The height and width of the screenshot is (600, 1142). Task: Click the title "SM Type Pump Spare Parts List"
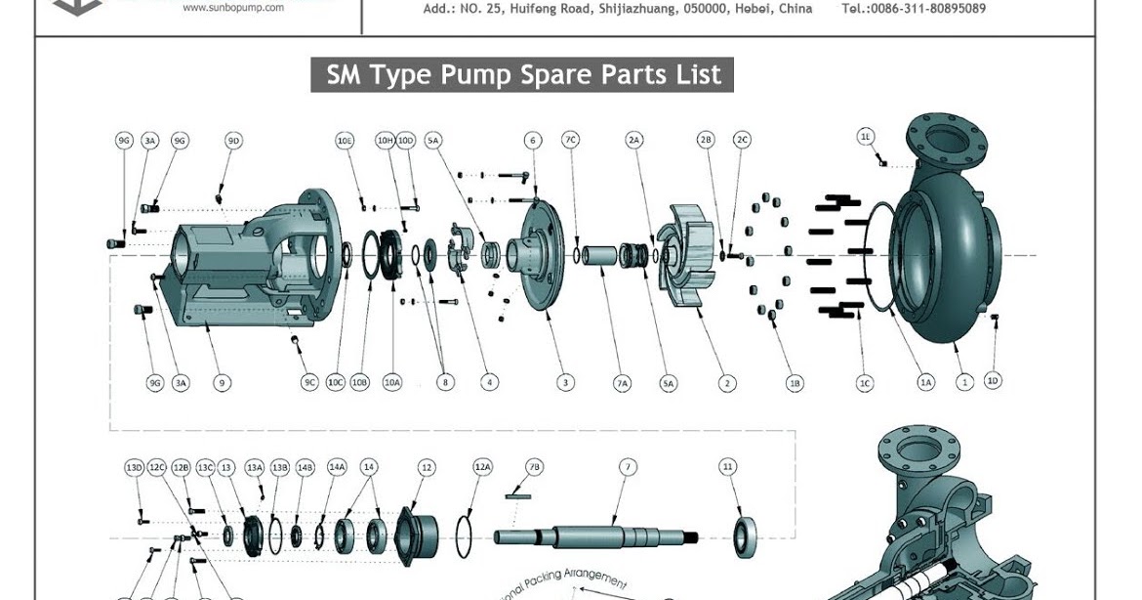[x=522, y=75]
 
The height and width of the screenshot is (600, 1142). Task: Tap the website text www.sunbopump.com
[x=233, y=7]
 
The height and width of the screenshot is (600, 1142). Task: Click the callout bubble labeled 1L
[x=866, y=136]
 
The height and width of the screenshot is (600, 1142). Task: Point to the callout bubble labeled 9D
[x=233, y=141]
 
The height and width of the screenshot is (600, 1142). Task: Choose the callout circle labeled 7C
[x=571, y=141]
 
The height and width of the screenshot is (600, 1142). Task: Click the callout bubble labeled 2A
[x=634, y=141]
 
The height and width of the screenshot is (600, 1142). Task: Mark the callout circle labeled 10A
[x=392, y=382]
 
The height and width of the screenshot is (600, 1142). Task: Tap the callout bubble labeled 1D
[x=993, y=380]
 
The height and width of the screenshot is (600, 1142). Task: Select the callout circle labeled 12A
[x=482, y=467]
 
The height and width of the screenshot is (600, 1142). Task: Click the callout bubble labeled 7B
[x=534, y=467]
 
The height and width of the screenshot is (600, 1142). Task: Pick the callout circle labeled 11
[x=728, y=467]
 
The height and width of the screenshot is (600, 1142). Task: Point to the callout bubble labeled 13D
[x=135, y=467]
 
